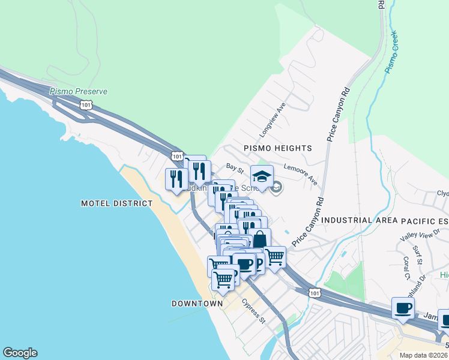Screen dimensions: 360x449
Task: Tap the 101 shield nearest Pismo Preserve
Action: click(x=86, y=105)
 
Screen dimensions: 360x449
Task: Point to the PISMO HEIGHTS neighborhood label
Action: click(x=277, y=148)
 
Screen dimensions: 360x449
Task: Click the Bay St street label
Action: click(x=234, y=166)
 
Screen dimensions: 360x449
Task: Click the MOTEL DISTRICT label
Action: click(x=116, y=203)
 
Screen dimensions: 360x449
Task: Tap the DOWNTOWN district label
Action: click(x=197, y=304)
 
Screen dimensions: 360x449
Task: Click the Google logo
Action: click(x=20, y=353)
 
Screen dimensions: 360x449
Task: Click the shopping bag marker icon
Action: click(x=259, y=239)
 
